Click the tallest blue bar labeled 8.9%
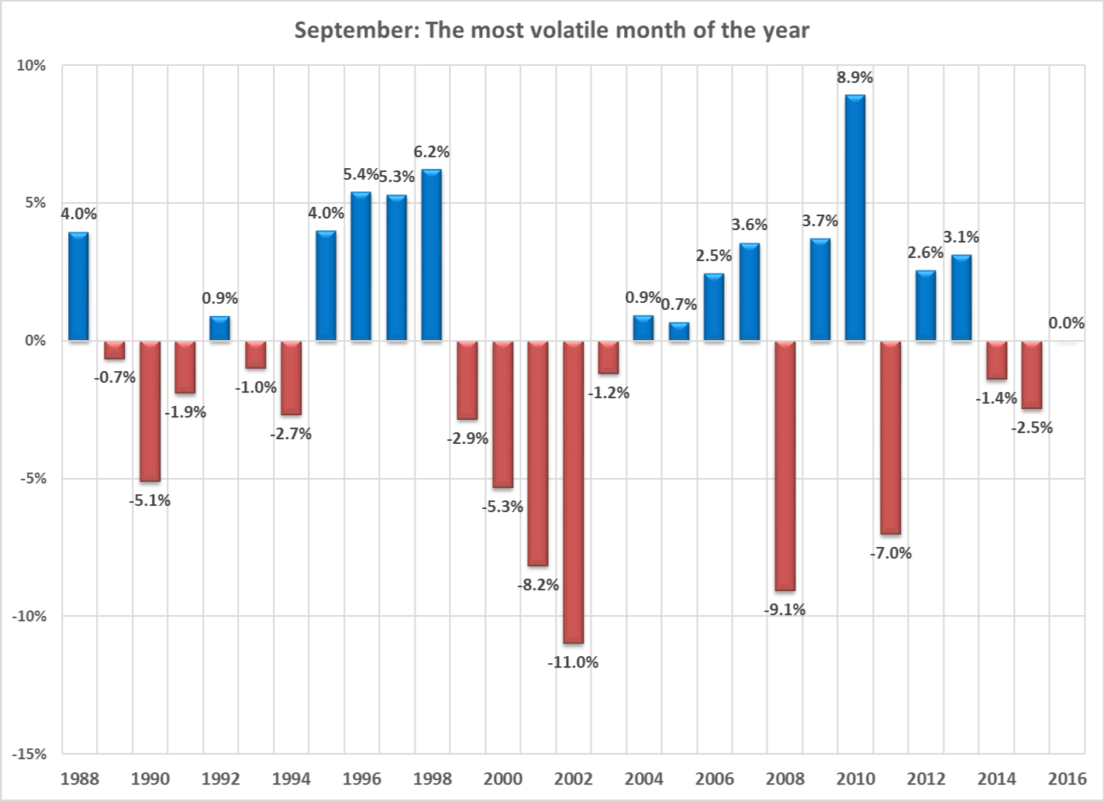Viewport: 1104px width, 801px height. tap(855, 218)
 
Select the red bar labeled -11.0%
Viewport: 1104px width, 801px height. tap(573, 492)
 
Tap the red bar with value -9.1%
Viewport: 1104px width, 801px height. tap(785, 466)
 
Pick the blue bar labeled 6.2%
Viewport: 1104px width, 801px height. tap(431, 255)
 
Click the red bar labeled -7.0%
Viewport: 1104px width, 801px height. tap(891, 437)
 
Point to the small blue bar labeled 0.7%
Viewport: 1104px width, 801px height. tap(679, 332)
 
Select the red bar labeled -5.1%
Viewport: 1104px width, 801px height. tap(150, 411)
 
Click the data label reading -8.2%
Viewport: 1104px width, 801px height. tap(538, 585)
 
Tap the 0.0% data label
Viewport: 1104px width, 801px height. tap(1066, 323)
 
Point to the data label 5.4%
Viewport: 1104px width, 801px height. tap(361, 174)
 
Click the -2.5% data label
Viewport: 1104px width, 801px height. tap(1032, 428)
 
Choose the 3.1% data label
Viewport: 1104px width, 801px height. tap(961, 237)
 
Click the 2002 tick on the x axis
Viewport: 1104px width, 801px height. tap(573, 779)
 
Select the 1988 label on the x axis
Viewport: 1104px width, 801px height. tap(79, 779)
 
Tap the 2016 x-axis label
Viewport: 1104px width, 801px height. tap(1067, 779)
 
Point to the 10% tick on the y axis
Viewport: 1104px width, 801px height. tap(32, 66)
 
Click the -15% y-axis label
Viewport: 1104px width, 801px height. tap(29, 754)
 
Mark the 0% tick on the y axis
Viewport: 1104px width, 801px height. tap(35, 341)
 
